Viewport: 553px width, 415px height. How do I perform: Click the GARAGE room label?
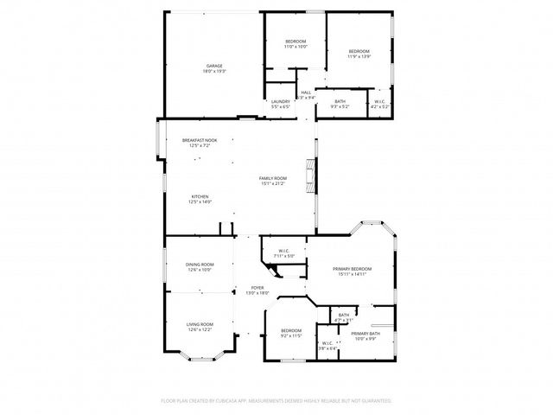point(214,67)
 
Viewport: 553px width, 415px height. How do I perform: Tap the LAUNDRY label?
point(280,101)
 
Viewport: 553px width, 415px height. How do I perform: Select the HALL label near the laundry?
point(306,93)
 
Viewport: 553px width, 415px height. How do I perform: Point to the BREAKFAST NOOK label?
point(200,140)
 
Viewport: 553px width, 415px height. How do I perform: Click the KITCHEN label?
point(200,196)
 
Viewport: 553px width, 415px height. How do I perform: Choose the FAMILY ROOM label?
point(273,178)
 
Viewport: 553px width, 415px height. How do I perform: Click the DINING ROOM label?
point(200,265)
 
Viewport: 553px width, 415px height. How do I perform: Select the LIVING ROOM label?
point(200,324)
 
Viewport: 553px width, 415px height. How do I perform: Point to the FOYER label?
point(257,288)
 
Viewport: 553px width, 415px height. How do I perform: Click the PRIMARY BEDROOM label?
point(352,269)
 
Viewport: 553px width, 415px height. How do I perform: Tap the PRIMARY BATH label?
point(365,334)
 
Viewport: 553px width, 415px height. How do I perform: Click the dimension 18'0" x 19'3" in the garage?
point(214,72)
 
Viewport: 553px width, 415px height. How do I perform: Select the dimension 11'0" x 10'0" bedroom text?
point(296,47)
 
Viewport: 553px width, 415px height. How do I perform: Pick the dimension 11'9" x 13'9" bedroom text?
point(359,57)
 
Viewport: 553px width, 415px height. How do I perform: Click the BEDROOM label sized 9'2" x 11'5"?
point(291,330)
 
